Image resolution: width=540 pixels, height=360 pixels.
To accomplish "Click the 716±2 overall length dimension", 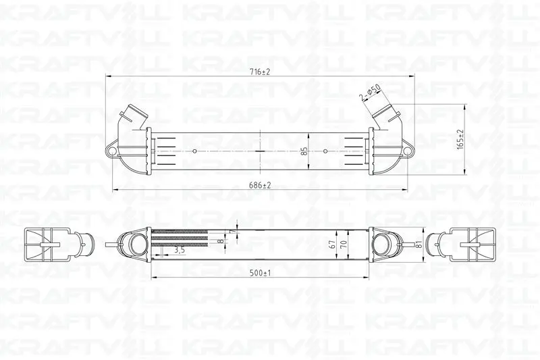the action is point(260,72).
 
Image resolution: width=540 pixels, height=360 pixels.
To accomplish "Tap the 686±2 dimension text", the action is point(260,185).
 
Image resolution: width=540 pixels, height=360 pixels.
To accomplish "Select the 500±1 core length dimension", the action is point(260,273).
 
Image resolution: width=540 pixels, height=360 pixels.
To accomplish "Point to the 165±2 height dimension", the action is point(460,139).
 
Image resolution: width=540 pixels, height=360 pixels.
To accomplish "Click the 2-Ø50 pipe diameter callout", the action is point(370,93).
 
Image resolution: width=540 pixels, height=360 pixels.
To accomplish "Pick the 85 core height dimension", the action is point(304,151).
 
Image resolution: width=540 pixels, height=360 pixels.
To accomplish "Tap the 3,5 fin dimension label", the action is point(180,250).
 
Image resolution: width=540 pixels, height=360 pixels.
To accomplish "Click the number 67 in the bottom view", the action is point(332,245).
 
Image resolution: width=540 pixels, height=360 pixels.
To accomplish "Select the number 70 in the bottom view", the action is point(344,245).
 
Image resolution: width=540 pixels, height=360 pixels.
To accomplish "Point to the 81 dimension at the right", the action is point(418,245).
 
